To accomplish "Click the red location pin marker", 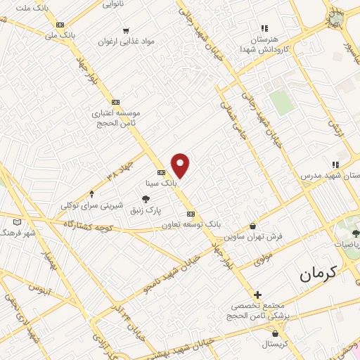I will click(x=181, y=165).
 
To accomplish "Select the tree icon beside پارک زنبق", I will click(x=146, y=200).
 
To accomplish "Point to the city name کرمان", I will click(x=319, y=272).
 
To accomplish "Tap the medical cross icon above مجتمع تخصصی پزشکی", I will click(x=258, y=295).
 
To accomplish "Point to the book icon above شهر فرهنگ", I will click(x=17, y=222).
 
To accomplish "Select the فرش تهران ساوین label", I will click(x=259, y=236).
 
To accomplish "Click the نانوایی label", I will click(x=115, y=4).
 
